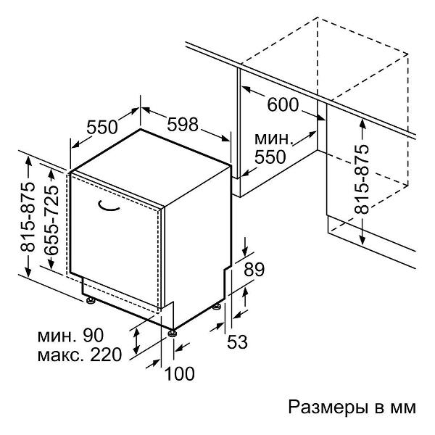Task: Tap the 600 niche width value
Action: [x=282, y=104]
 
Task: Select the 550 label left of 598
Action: [x=101, y=127]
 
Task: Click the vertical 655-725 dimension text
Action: [x=51, y=217]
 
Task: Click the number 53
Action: [x=238, y=341]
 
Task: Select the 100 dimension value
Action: [x=180, y=374]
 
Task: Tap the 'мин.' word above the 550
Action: [x=273, y=138]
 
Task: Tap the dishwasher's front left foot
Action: [x=90, y=298]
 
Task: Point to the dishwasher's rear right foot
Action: [x=217, y=306]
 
